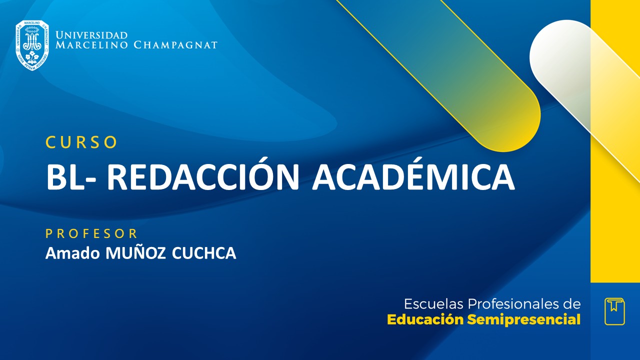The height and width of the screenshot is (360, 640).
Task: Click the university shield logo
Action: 32,45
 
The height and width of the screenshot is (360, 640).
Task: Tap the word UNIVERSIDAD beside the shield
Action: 91,35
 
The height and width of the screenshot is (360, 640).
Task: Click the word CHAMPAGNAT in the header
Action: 175,45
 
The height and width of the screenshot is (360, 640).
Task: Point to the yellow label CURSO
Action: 81,142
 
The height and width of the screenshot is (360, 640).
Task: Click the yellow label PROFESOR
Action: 91,233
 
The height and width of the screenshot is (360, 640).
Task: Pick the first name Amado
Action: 73,253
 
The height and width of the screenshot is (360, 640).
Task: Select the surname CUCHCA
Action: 203,253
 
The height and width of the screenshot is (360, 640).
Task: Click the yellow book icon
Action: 614,311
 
